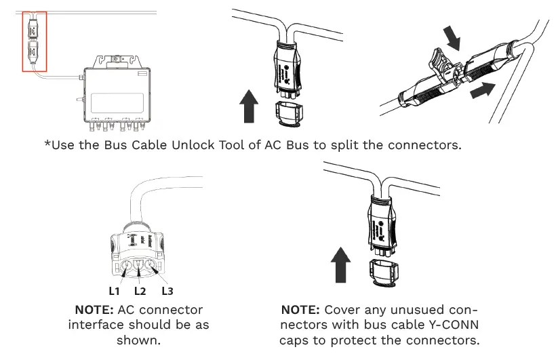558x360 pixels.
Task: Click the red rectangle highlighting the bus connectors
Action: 35,41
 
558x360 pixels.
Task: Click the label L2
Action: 140,291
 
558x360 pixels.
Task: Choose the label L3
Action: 167,291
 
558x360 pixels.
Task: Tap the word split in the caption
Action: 353,145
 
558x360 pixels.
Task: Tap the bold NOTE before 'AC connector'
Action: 94,310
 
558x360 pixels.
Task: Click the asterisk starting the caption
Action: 47,144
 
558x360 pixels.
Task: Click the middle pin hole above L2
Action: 140,266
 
